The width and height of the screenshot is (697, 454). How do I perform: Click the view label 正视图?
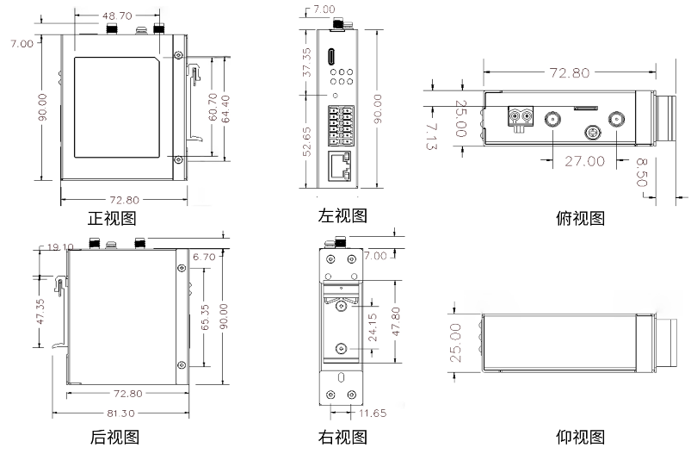112,219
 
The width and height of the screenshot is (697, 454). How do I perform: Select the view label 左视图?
342,215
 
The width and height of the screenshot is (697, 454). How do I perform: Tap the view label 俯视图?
580,218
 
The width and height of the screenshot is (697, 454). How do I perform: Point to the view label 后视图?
114,437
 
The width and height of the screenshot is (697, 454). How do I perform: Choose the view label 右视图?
342,437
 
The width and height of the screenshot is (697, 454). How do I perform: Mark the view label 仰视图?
580,437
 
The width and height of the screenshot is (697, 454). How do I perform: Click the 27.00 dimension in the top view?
584,160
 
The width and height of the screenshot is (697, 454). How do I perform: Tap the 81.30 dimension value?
119,414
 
